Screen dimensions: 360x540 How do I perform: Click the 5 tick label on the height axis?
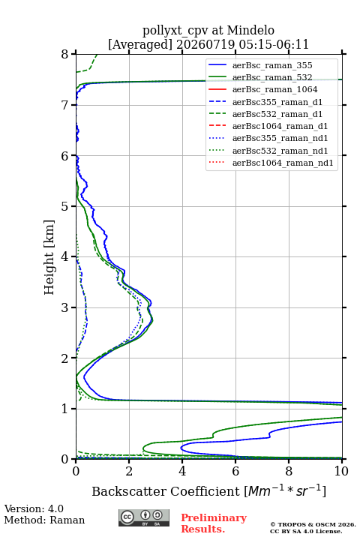click(x=65, y=206)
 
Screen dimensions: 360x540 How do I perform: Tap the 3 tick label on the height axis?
click(x=65, y=307)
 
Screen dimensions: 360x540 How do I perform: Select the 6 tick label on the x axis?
click(x=235, y=471)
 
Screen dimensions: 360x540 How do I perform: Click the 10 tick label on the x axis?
click(x=341, y=471)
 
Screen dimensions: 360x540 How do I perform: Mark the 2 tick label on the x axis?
click(x=129, y=471)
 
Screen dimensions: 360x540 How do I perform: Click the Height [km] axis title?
click(x=49, y=257)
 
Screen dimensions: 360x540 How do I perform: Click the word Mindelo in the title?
click(x=250, y=30)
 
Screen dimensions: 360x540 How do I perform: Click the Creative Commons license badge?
click(x=144, y=517)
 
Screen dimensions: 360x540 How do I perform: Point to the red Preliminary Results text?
click(x=214, y=523)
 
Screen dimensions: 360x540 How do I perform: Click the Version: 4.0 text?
click(x=34, y=508)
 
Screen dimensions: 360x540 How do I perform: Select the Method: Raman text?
click(x=44, y=520)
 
